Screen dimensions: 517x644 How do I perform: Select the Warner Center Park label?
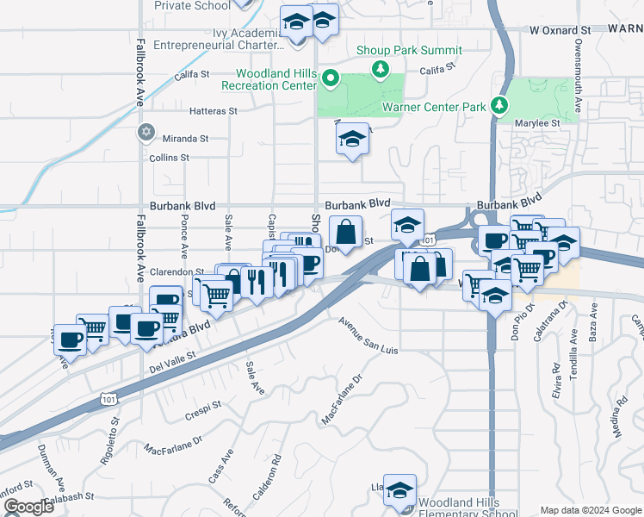pyautogui.click(x=435, y=108)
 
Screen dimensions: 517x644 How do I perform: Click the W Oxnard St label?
pyautogui.click(x=560, y=29)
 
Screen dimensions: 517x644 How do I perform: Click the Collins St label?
pyautogui.click(x=169, y=158)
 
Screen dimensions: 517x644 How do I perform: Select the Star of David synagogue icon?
pyautogui.click(x=146, y=132)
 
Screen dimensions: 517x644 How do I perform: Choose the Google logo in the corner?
pyautogui.click(x=28, y=507)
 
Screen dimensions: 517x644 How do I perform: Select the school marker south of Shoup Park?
pyautogui.click(x=351, y=138)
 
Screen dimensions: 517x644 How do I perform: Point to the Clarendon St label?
pyautogui.click(x=176, y=271)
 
